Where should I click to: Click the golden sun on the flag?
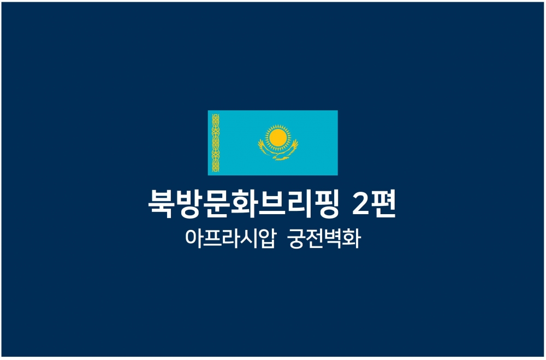(x=278, y=138)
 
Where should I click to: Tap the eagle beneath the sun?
(x=278, y=150)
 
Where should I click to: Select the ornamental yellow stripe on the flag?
(x=216, y=143)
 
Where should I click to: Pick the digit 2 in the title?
(x=361, y=203)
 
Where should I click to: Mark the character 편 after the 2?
(x=384, y=204)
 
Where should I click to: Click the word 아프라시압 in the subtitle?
(x=230, y=239)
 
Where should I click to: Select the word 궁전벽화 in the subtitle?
(x=324, y=239)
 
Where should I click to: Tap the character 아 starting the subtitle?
(x=193, y=238)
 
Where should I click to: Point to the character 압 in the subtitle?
(x=267, y=239)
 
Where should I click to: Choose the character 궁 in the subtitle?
(x=297, y=239)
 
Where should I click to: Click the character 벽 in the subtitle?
(x=333, y=239)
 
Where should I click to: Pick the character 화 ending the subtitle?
(x=351, y=239)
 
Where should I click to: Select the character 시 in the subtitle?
(x=248, y=239)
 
